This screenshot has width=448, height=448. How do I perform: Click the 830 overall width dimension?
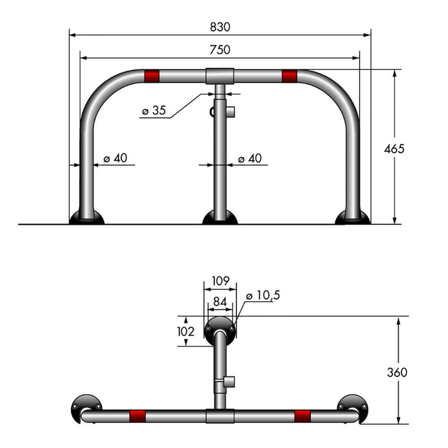[x=220, y=27]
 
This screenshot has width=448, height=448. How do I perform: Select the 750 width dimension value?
[x=220, y=50]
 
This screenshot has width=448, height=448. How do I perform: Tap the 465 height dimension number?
[x=394, y=148]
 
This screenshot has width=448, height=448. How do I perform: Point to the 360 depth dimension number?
[x=397, y=372]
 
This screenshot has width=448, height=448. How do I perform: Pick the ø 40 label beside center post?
[x=250, y=158]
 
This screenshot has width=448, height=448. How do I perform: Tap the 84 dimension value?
[x=220, y=302]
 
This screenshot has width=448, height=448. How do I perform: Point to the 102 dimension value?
[x=185, y=332]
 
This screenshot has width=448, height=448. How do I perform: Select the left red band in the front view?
[x=152, y=76]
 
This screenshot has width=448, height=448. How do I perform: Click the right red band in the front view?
[x=289, y=76]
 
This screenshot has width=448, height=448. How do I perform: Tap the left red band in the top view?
[x=137, y=416]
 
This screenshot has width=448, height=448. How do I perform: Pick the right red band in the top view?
[x=302, y=416]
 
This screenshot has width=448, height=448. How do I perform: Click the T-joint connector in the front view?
[x=220, y=76]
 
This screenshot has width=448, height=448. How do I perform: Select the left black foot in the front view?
[x=86, y=217]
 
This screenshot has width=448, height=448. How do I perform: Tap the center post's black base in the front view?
[x=220, y=218]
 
